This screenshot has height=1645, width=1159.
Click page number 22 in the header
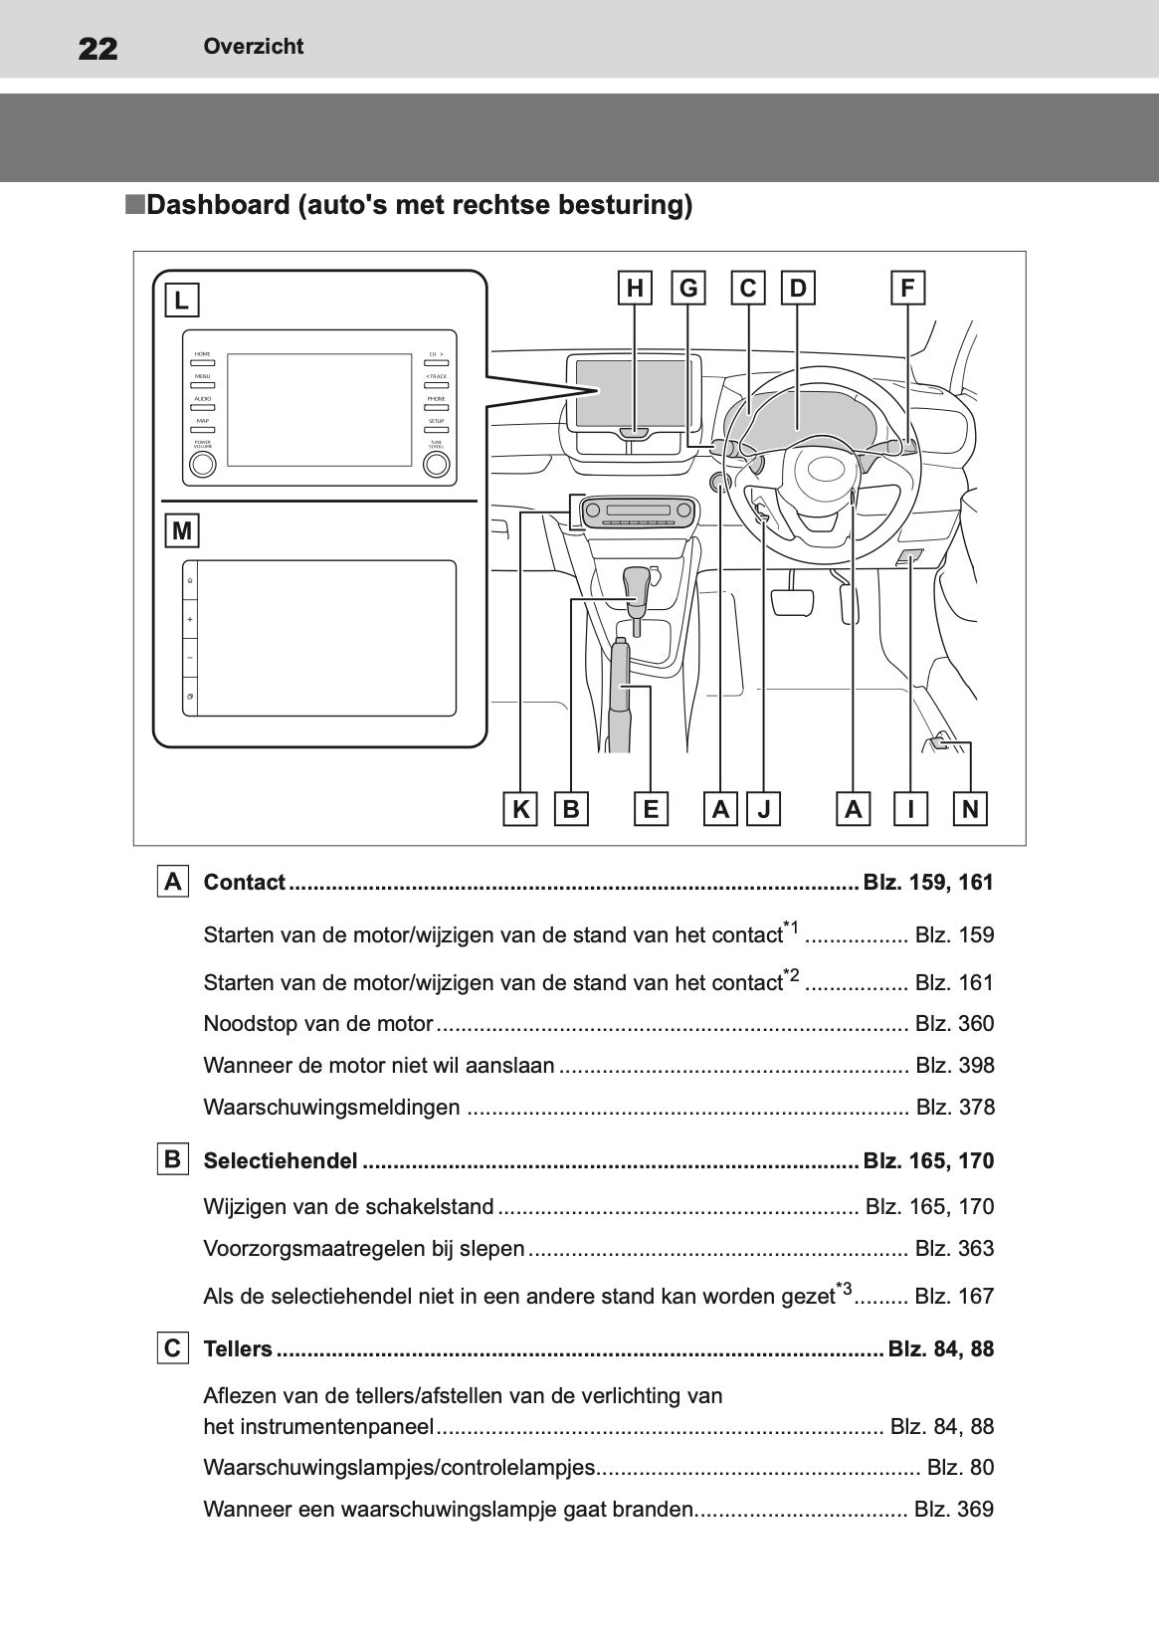97,48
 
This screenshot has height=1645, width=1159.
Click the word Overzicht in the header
253,46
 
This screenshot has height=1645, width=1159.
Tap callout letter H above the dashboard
635,289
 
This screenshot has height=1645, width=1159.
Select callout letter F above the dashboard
907,289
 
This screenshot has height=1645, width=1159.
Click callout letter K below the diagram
520,809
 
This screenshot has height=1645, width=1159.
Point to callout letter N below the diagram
970,809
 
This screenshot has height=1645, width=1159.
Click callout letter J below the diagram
764,809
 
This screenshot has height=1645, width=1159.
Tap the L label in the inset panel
181,300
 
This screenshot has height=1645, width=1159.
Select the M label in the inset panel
182,531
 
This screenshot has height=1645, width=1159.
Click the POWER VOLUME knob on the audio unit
203,465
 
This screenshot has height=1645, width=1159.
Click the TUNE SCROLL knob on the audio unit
437,465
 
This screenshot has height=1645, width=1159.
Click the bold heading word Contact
244,883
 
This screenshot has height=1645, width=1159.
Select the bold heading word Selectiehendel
280,1161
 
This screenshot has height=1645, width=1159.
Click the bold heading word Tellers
238,1349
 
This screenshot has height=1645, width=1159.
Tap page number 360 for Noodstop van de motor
975,1024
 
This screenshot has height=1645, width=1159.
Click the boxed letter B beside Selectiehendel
172,1160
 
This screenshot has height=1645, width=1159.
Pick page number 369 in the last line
975,1510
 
